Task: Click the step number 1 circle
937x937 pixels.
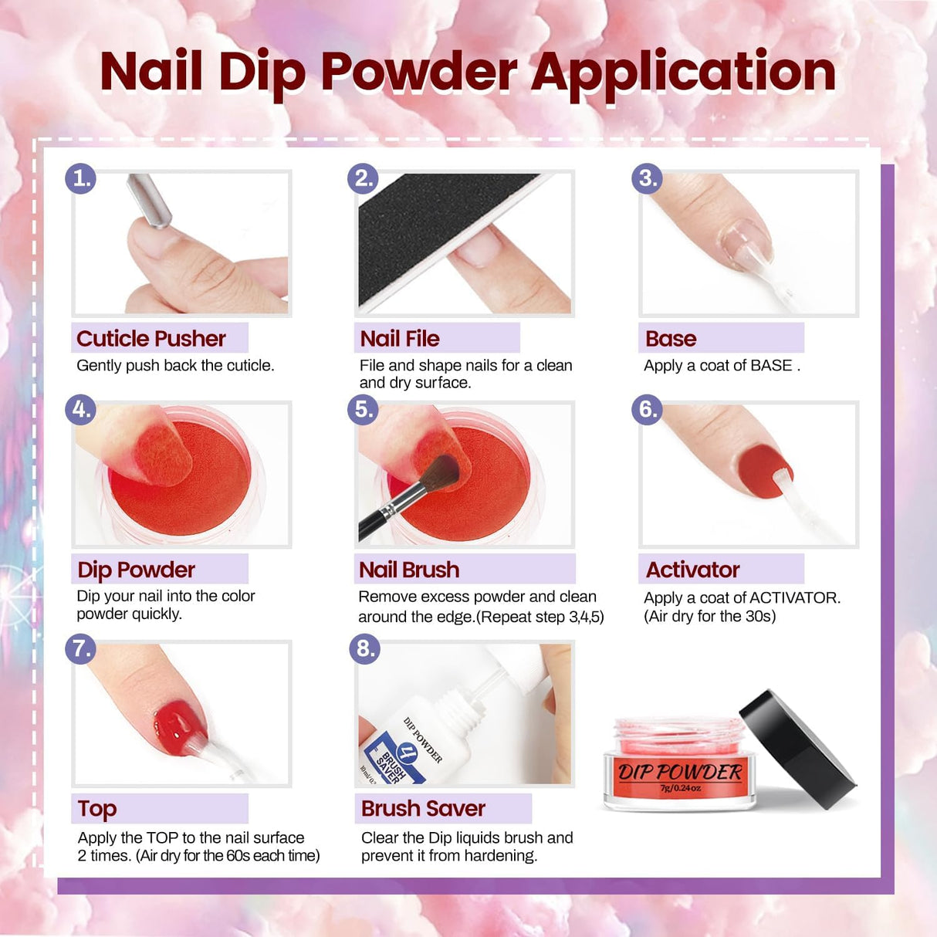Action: (80, 178)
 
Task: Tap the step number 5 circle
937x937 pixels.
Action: (364, 409)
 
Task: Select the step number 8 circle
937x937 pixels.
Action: (365, 648)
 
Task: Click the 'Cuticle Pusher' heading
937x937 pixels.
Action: (151, 339)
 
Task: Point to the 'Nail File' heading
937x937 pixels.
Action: (400, 339)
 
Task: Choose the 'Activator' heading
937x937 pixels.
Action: (692, 570)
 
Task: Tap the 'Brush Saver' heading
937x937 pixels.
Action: (423, 808)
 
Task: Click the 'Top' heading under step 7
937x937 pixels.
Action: (97, 808)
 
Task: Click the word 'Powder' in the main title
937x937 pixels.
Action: (418, 72)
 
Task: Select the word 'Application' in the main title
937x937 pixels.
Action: (683, 72)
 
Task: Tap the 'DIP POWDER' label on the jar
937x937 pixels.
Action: (679, 772)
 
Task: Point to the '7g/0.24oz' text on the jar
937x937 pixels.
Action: (680, 788)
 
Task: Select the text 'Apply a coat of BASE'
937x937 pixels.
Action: (718, 366)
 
